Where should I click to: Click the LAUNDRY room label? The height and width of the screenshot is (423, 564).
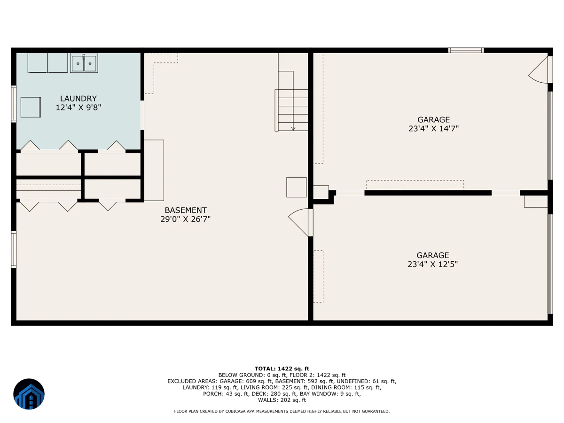78,99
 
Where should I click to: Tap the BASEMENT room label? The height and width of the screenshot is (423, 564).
186,211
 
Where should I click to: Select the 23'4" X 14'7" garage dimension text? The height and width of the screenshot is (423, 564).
433,128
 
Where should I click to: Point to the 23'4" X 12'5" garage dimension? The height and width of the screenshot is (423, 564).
432,264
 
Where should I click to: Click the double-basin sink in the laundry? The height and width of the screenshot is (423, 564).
84,63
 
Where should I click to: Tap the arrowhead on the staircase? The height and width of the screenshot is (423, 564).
293,129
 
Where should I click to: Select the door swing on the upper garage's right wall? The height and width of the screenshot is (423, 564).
538,70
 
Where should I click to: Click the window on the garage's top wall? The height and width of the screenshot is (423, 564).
466,50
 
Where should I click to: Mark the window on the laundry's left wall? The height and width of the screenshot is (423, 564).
14,104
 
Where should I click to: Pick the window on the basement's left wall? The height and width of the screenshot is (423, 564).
14,250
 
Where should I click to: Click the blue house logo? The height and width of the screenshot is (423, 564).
29,394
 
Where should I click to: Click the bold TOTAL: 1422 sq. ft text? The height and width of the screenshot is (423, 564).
282,369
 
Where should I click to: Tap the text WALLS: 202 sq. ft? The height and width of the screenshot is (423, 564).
282,400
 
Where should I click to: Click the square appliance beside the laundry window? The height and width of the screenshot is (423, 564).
31,107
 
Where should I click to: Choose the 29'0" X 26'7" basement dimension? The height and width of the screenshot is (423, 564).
186,219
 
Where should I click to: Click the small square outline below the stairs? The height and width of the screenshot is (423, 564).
297,187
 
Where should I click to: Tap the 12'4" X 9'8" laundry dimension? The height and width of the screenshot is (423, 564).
78,107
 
